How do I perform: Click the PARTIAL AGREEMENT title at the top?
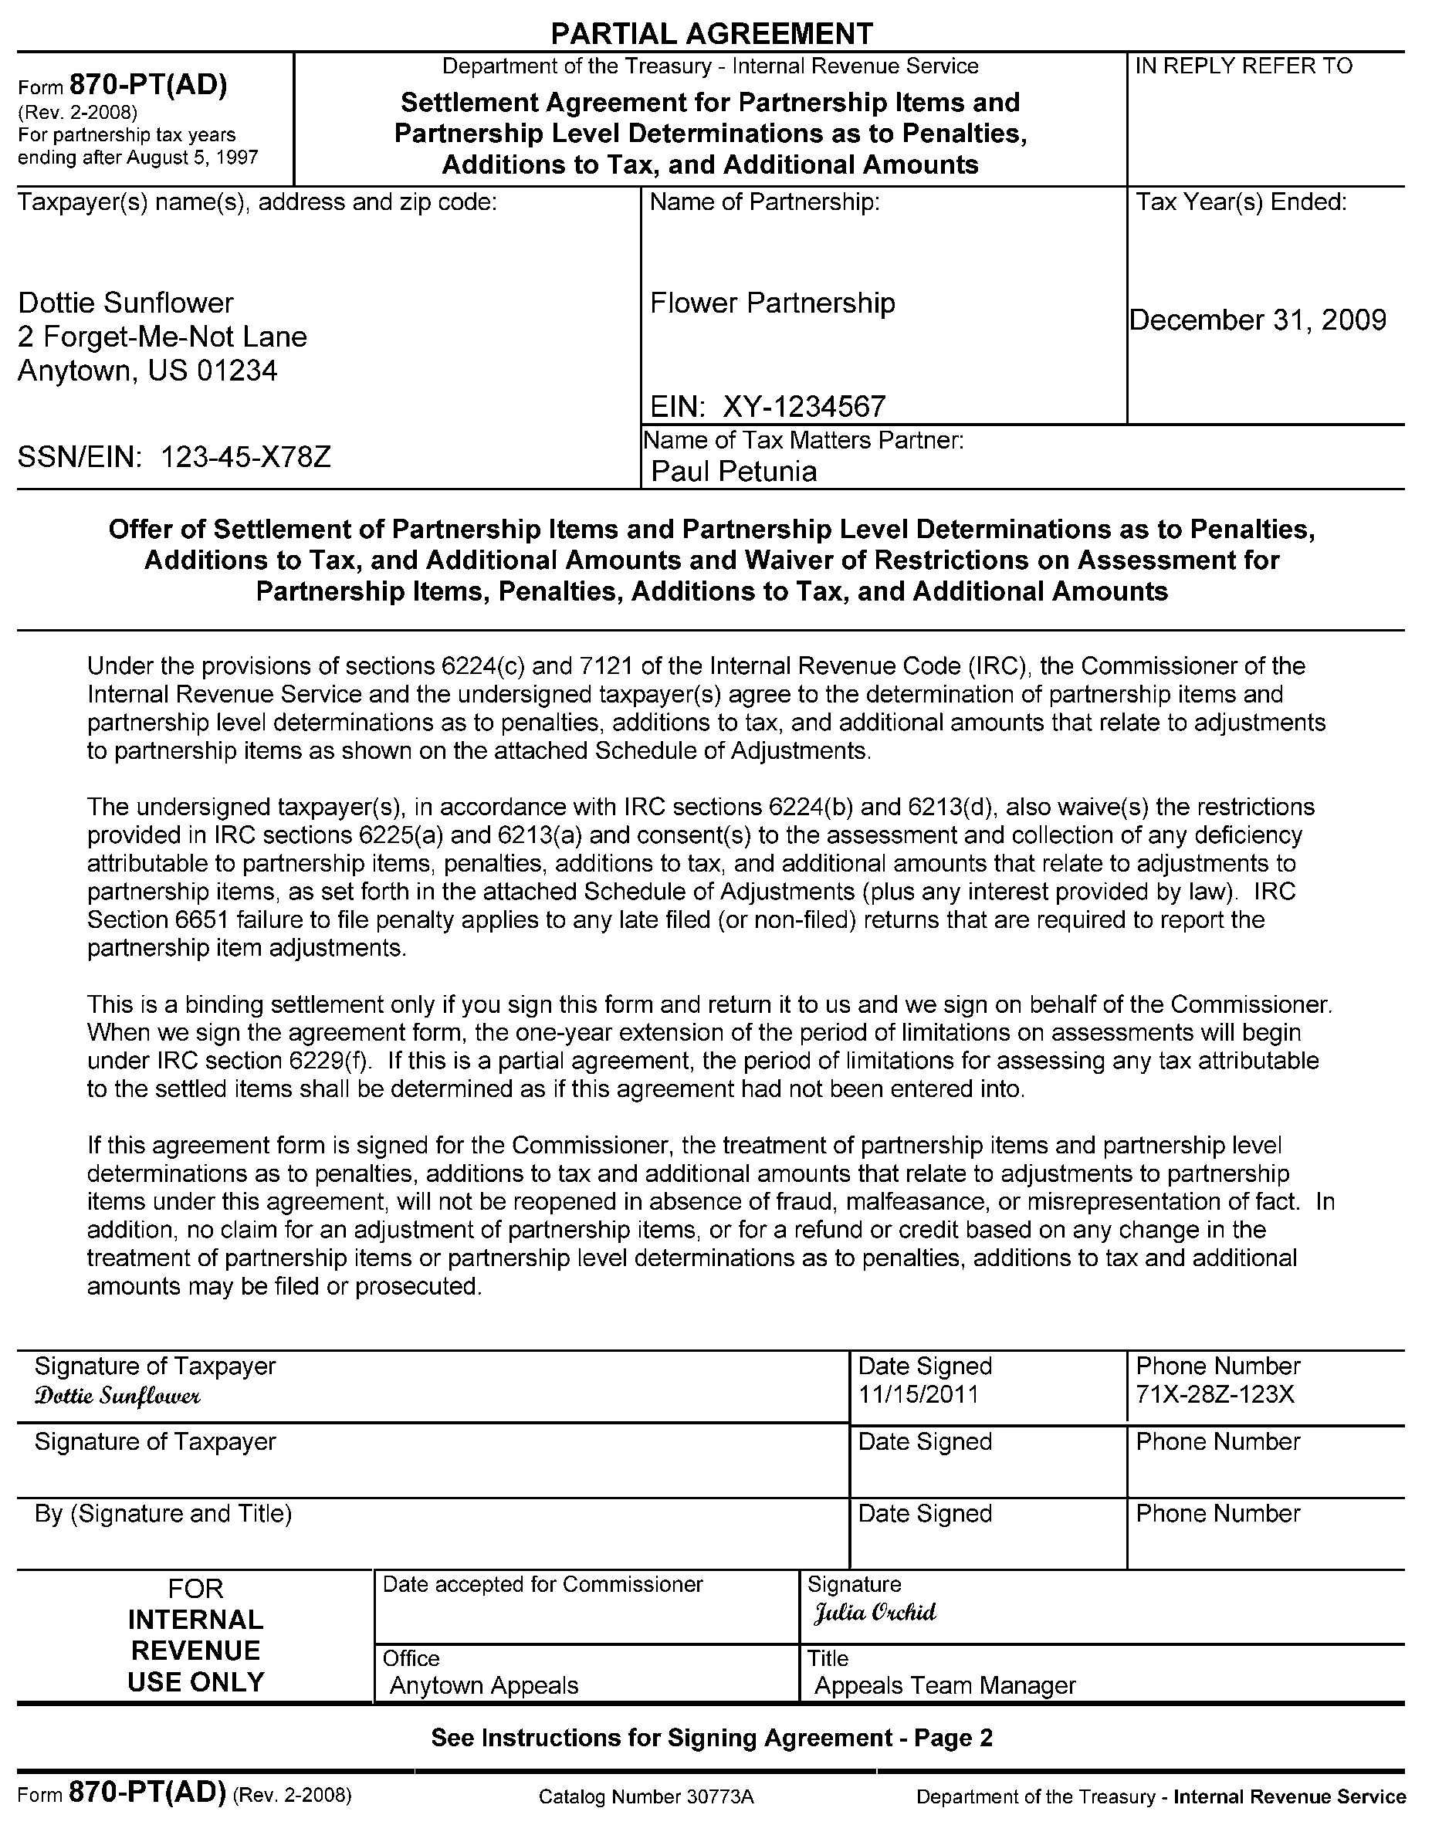711,33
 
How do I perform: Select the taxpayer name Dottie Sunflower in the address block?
126,303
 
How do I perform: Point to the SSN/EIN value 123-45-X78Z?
245,457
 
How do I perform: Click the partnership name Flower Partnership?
772,303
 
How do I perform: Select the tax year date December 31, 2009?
1258,320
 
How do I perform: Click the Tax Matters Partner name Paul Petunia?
733,471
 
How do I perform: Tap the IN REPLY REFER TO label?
1244,66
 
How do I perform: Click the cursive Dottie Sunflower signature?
117,1396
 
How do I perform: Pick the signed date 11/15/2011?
918,1395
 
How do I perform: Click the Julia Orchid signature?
875,1612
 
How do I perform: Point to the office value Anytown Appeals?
484,1685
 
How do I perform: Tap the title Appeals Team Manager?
945,1685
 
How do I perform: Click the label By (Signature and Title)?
163,1513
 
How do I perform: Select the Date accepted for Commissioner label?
543,1584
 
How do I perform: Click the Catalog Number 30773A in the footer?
646,1796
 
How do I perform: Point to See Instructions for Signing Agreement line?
711,1738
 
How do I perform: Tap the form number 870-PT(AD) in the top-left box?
147,86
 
